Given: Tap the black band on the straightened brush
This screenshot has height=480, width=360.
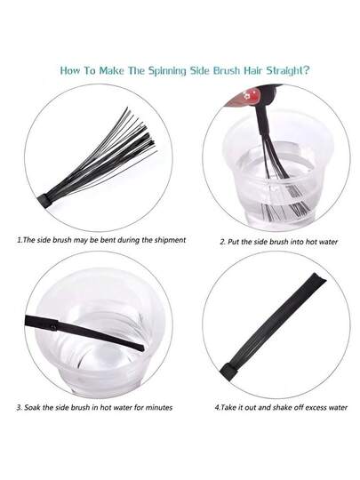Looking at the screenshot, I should [x=228, y=367].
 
